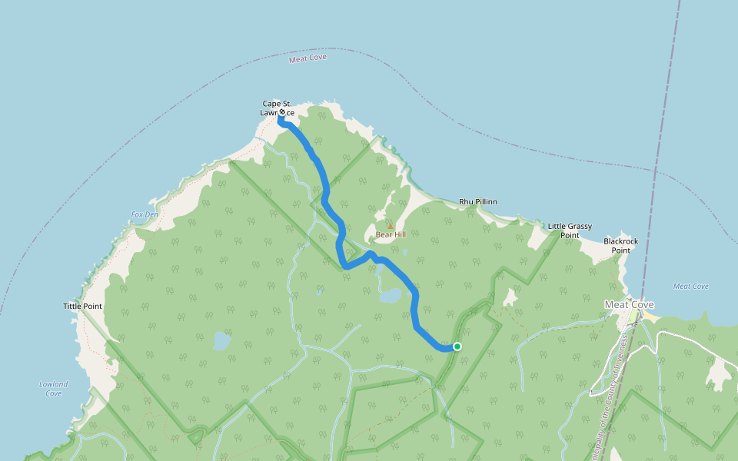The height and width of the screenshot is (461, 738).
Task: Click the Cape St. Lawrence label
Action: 277,108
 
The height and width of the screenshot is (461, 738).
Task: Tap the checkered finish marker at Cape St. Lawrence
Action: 282,112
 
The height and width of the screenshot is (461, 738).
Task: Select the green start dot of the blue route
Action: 457,347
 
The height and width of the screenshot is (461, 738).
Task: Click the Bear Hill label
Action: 391,234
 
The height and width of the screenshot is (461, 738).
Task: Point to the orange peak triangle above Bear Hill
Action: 390,226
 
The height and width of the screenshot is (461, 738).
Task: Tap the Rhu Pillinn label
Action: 478,202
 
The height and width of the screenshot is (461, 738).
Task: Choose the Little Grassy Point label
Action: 570,230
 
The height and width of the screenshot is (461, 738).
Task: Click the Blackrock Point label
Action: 621,245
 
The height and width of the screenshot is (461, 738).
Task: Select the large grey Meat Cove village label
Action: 629,304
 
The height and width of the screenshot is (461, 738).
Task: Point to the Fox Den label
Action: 145,214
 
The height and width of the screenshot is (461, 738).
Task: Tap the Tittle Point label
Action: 82,307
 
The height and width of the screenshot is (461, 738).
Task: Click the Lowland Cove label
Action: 53,389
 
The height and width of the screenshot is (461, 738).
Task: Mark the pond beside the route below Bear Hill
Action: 390,295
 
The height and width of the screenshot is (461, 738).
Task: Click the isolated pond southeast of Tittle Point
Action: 221,340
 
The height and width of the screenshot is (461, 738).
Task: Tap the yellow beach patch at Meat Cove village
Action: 650,316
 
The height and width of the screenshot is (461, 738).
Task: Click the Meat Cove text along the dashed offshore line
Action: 307,58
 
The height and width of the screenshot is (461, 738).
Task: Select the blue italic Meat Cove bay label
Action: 690,287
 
